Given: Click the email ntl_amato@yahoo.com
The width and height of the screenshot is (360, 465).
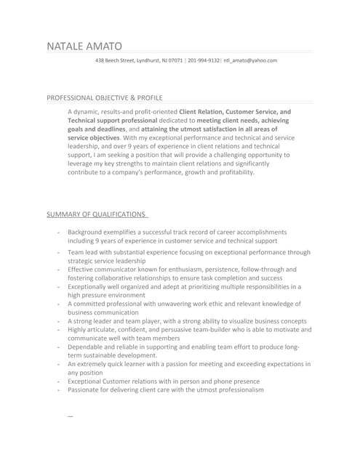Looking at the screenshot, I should click(249, 60).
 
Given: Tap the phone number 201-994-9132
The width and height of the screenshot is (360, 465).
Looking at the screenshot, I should click(203, 60).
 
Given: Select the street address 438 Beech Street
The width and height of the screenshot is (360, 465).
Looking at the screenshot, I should click(116, 60).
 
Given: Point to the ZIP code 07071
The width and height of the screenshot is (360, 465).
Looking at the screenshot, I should click(175, 60).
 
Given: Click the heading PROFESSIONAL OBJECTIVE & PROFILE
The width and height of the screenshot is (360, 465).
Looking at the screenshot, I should click(105, 97).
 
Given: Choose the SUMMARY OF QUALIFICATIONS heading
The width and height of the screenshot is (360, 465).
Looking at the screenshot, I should click(95, 214).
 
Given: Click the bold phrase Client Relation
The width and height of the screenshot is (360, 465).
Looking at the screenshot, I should click(203, 112).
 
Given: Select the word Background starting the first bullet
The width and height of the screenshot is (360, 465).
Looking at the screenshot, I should click(87, 231).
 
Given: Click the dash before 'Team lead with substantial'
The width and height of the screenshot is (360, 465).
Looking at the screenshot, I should click(57, 252).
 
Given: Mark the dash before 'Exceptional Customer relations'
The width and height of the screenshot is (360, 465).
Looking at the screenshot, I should click(57, 381).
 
